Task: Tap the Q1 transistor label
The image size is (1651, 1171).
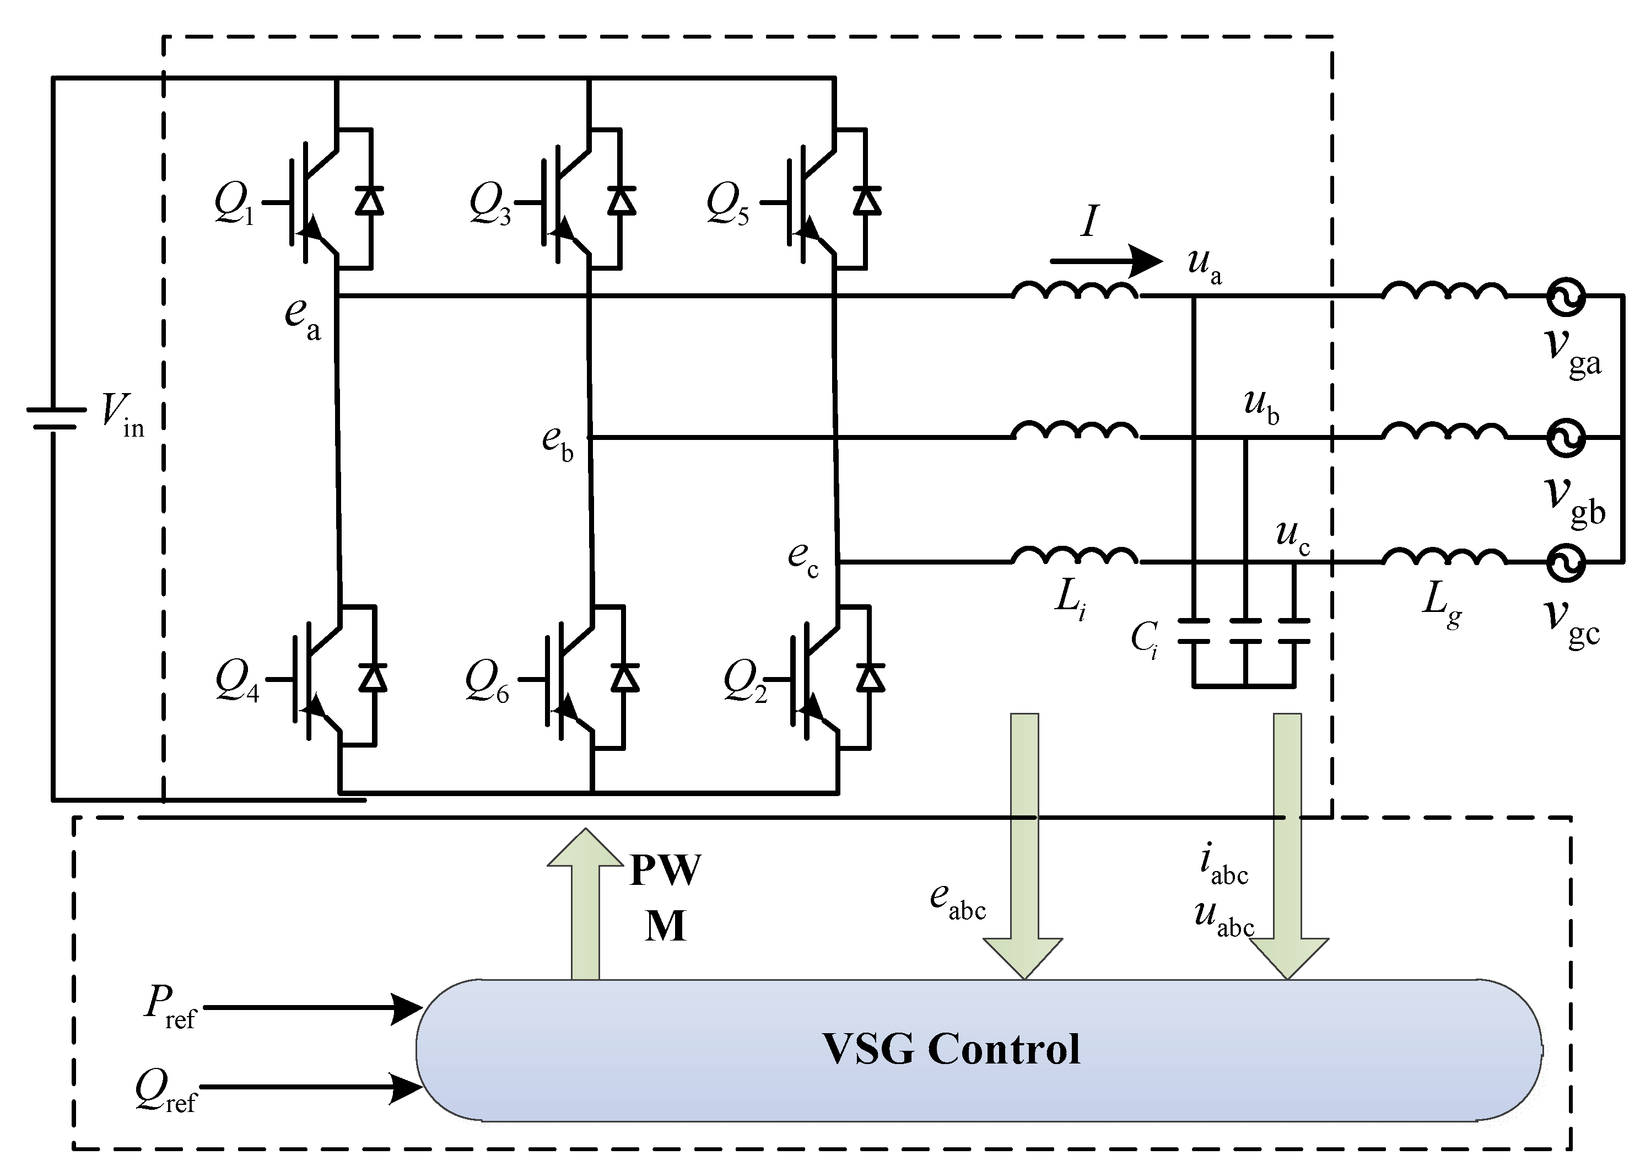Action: coord(234,204)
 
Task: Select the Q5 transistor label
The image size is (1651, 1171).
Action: coord(726,204)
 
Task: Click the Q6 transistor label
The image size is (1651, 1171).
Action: coord(487,681)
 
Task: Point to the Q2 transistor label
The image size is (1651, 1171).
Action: coord(744,681)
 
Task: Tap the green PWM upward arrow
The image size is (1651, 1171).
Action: coord(585,901)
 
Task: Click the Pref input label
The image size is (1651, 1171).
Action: coord(169,1006)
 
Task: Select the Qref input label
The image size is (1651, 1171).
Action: coord(166,1091)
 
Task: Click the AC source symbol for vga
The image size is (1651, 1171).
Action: coord(1565,297)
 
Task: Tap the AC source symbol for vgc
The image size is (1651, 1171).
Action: coord(1565,562)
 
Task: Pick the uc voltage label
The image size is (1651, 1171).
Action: coord(1293,537)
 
